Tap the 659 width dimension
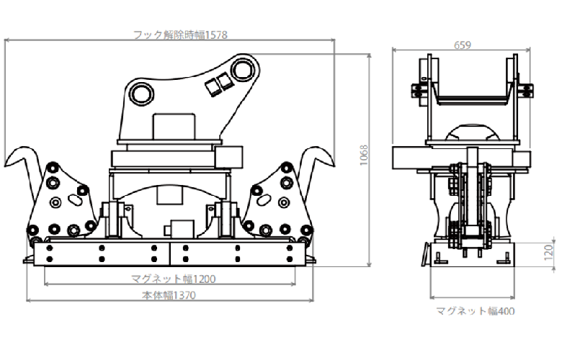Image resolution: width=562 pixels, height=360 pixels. [x=463, y=45]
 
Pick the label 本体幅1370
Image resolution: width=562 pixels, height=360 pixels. [x=171, y=294]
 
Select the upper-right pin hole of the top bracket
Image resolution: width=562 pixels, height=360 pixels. [x=242, y=70]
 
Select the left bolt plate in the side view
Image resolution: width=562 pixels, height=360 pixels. [x=416, y=92]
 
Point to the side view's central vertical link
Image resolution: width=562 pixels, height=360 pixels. [x=472, y=194]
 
